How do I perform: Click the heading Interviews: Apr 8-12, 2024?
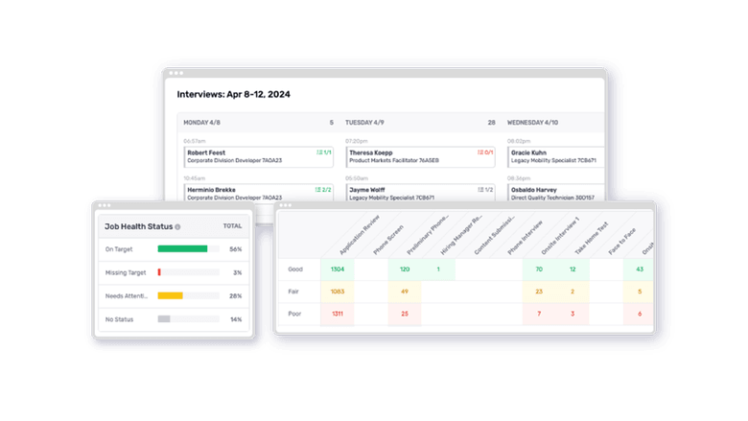click(x=233, y=94)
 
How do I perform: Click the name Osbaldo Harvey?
click(x=537, y=189)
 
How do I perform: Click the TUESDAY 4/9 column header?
click(x=365, y=123)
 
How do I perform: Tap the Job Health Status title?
click(x=139, y=226)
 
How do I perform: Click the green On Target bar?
click(x=182, y=248)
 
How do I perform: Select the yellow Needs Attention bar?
click(x=170, y=295)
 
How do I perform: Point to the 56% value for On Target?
click(x=235, y=248)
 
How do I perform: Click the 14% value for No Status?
click(x=235, y=318)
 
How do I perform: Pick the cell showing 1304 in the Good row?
click(x=337, y=269)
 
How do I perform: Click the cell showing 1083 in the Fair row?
click(x=337, y=292)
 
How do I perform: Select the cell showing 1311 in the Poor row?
click(x=337, y=314)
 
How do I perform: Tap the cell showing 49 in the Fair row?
click(x=405, y=292)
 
